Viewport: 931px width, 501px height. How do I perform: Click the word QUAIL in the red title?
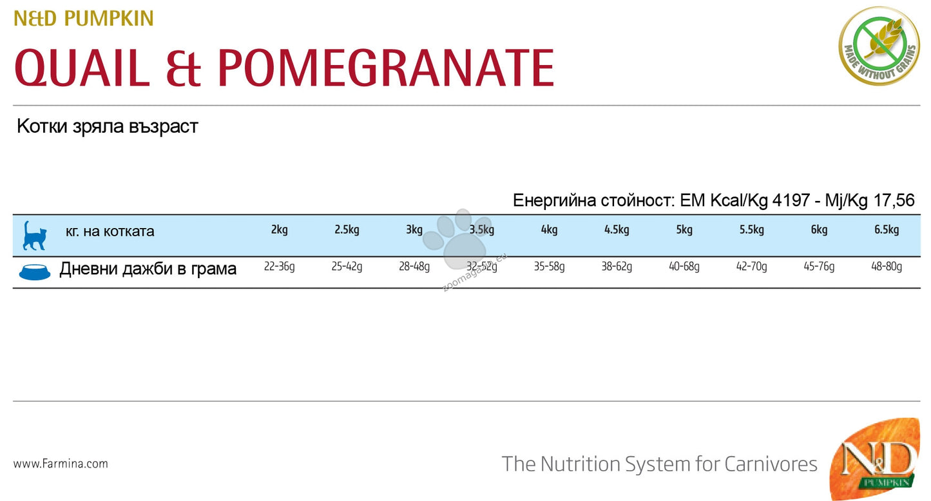click(82, 67)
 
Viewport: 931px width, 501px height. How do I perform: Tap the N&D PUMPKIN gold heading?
click(84, 19)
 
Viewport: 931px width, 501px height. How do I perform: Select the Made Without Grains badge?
click(879, 46)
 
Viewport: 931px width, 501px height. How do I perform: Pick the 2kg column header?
click(279, 230)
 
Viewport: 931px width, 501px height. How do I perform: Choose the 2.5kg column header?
click(347, 230)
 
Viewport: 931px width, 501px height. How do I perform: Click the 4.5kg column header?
click(617, 230)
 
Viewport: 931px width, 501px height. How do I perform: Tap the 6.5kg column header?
click(887, 230)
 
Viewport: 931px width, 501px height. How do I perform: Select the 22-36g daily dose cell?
click(279, 267)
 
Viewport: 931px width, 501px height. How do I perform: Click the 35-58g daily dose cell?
click(549, 267)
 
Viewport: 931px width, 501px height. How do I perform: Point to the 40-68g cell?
click(684, 267)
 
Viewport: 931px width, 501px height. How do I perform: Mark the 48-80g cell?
click(887, 267)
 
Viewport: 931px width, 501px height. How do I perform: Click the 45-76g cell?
click(819, 267)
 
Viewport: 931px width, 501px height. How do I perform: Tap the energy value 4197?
click(791, 200)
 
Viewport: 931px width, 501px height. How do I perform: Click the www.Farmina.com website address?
click(61, 463)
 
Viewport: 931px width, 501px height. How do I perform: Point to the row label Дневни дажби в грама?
click(148, 269)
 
